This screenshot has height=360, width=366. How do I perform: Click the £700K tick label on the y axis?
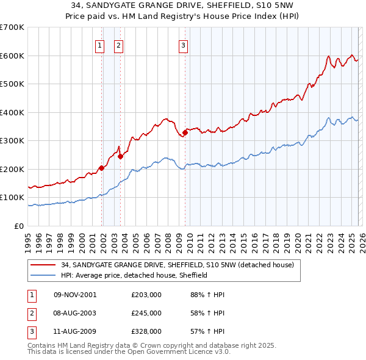[12, 27]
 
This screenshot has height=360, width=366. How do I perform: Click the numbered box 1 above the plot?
[99, 45]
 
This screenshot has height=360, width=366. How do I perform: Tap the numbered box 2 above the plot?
[118, 45]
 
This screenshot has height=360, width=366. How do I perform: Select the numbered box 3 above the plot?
[182, 45]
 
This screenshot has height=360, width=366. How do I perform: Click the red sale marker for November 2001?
[101, 168]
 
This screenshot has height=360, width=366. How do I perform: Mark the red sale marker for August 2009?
[184, 133]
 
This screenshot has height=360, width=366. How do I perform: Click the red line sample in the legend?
[44, 265]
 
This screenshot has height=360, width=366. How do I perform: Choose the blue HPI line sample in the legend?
[44, 275]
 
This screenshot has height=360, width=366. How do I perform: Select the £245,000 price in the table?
[146, 313]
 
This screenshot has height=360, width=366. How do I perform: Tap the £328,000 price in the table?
[146, 331]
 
